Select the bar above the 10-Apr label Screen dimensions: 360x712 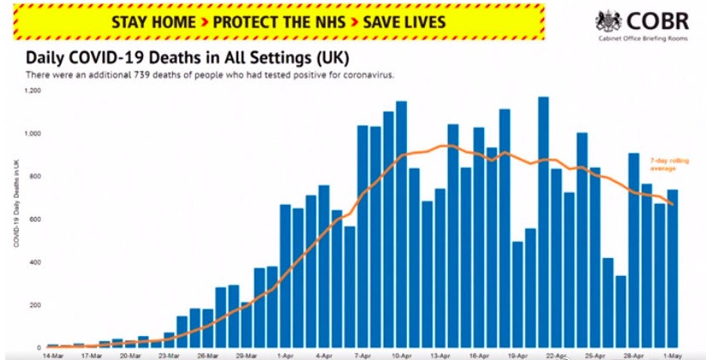point(401,223)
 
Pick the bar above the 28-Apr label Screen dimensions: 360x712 point(634,249)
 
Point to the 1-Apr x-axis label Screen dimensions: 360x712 point(285,352)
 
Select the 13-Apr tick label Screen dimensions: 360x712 point(440,352)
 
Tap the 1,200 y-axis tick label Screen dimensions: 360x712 point(33,90)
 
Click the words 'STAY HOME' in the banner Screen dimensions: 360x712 point(155,21)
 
